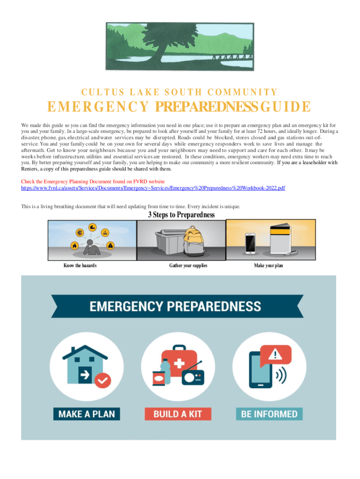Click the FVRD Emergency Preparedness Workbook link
coord(153,188)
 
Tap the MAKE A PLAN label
coord(86,414)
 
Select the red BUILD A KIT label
coord(178,414)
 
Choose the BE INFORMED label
coord(269,414)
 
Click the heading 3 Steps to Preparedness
coord(181,215)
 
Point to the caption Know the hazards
coord(80,266)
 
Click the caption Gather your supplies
coord(188,266)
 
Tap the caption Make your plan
coord(268,266)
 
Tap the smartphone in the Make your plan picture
coord(251,243)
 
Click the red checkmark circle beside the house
coord(102,380)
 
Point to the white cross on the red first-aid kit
coord(179,363)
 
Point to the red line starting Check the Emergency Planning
coord(93,181)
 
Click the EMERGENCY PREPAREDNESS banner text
coord(175,306)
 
